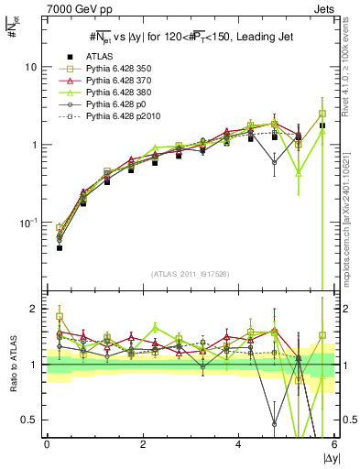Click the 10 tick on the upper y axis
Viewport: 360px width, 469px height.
(x=31, y=67)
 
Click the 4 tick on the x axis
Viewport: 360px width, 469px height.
(x=239, y=445)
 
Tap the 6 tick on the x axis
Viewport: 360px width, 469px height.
(x=335, y=445)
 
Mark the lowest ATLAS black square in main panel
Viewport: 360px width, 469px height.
(x=60, y=247)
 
